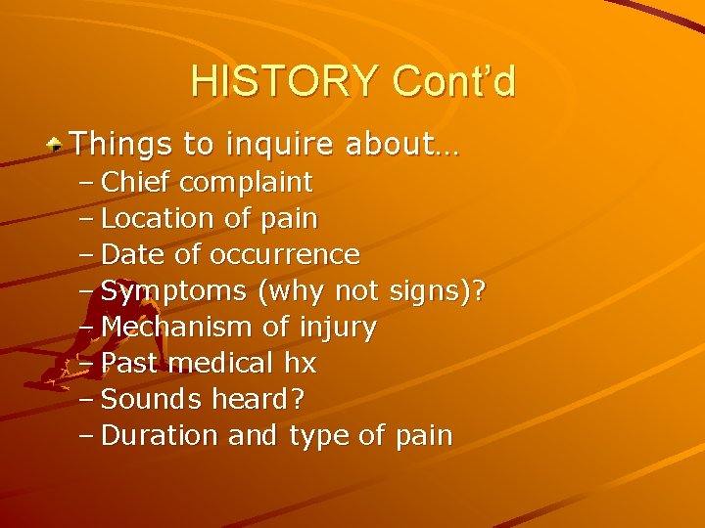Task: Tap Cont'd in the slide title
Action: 453,81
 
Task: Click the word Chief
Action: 137,182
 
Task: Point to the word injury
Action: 340,328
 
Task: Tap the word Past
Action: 131,363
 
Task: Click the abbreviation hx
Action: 300,363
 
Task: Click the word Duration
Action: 161,435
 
